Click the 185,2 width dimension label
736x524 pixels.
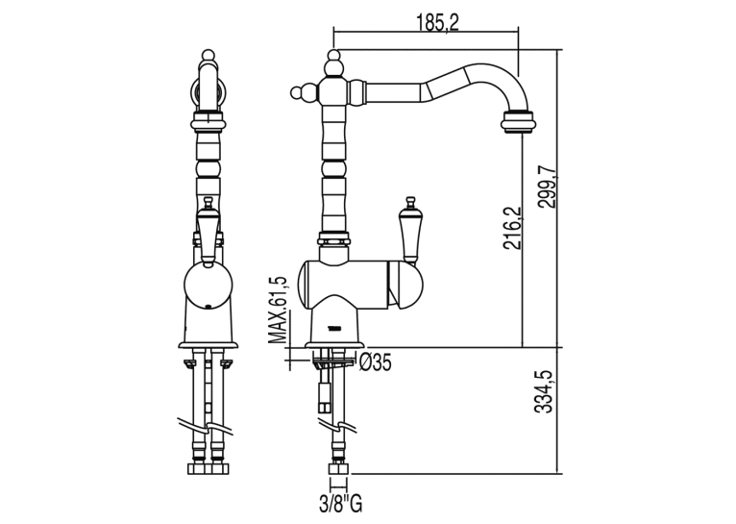[x=437, y=22]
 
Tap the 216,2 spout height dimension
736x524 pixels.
[x=512, y=228]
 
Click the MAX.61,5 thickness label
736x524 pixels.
[x=278, y=311]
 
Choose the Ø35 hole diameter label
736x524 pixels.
[x=375, y=362]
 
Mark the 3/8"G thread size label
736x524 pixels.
[x=341, y=504]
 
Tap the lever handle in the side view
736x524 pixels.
[x=408, y=230]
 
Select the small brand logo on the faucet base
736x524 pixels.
[x=334, y=328]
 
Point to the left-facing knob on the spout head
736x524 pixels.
[x=300, y=92]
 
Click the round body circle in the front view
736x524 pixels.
[x=207, y=286]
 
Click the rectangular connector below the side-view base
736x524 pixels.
[x=324, y=391]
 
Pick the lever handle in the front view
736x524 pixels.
[x=207, y=230]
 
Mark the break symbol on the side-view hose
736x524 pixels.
[x=337, y=425]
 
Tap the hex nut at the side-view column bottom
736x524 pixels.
[x=334, y=238]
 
